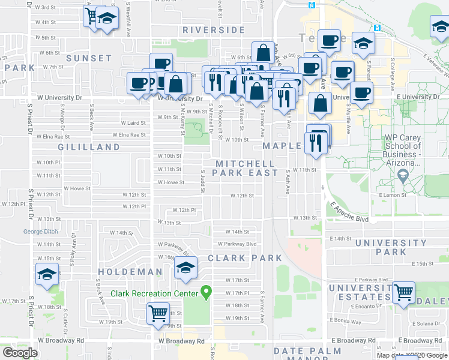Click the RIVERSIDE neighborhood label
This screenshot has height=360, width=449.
(214, 29)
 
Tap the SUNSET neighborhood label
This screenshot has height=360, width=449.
(89, 58)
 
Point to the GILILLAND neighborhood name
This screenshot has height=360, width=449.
(89, 147)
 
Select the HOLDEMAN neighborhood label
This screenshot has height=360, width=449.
(130, 272)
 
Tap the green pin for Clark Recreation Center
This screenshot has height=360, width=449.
(206, 293)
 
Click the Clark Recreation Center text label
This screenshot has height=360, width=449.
(154, 293)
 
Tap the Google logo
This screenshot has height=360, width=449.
(20, 353)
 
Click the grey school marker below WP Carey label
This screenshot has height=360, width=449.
(403, 176)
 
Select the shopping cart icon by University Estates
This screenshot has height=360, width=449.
(404, 293)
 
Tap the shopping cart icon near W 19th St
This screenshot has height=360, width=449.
(158, 313)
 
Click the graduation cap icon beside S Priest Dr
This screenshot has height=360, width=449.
(47, 274)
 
